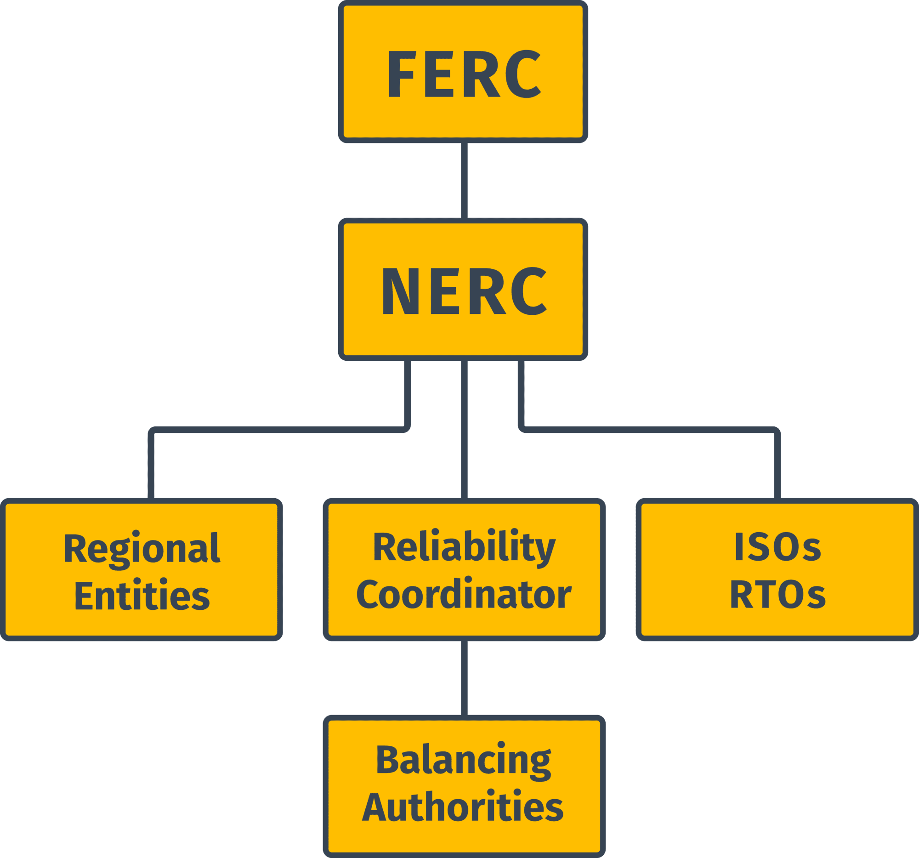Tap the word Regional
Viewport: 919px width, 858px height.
tap(142, 549)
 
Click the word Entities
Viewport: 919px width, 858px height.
tap(142, 596)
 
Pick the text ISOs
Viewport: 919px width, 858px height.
tap(777, 547)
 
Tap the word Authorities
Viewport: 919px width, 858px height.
tap(463, 807)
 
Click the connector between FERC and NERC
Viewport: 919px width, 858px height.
tap(464, 180)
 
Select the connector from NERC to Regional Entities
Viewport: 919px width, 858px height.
tap(278, 430)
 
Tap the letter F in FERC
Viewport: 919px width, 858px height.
tap(400, 74)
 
